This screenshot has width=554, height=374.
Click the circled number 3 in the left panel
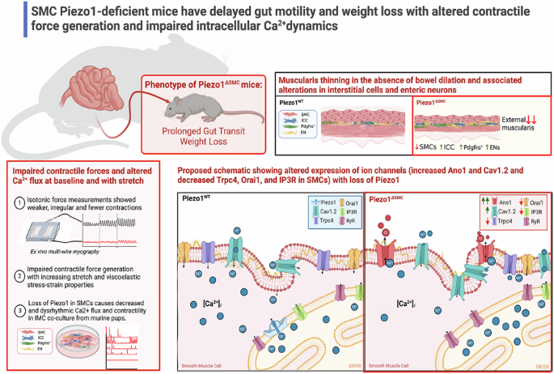pos(17,307)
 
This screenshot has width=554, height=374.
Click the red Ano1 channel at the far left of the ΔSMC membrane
pos(384,252)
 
